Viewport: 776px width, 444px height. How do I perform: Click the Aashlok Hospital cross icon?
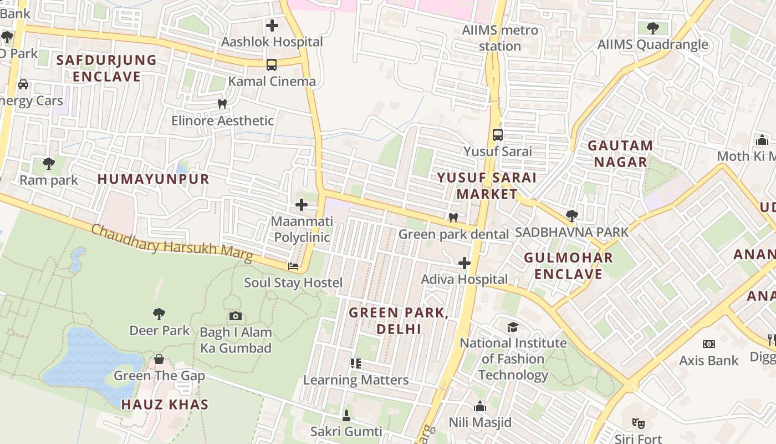[x=272, y=26]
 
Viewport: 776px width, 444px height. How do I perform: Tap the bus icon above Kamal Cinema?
[x=272, y=65]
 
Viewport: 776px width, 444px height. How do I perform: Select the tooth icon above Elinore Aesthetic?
[x=222, y=104]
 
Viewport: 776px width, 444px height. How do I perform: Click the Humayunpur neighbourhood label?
[x=154, y=179]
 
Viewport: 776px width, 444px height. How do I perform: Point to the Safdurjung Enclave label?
[x=106, y=68]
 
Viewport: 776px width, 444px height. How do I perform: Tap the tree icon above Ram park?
[x=49, y=163]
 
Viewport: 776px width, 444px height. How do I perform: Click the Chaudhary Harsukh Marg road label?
[x=172, y=244]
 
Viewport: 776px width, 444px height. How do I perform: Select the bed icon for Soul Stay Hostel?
[x=293, y=266]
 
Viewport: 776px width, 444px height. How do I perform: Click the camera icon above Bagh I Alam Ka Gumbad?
[x=236, y=316]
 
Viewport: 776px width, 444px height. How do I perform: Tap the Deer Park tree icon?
[x=159, y=314]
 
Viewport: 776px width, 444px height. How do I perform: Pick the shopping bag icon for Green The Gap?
[x=159, y=359]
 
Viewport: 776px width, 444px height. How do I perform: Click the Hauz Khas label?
[x=165, y=405]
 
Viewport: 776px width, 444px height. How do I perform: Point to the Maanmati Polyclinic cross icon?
[x=302, y=205]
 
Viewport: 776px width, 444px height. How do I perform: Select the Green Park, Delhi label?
[x=399, y=321]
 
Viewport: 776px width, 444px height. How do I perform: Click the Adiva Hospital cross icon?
[x=464, y=263]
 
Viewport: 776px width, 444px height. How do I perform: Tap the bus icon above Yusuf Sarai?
[x=498, y=134]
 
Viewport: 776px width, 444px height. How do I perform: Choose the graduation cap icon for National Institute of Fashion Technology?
[x=513, y=327]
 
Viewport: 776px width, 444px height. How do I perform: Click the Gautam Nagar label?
[x=620, y=154]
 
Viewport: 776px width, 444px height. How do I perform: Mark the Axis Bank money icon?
[x=708, y=344]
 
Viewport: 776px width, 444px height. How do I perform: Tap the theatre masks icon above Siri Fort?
[x=639, y=423]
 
